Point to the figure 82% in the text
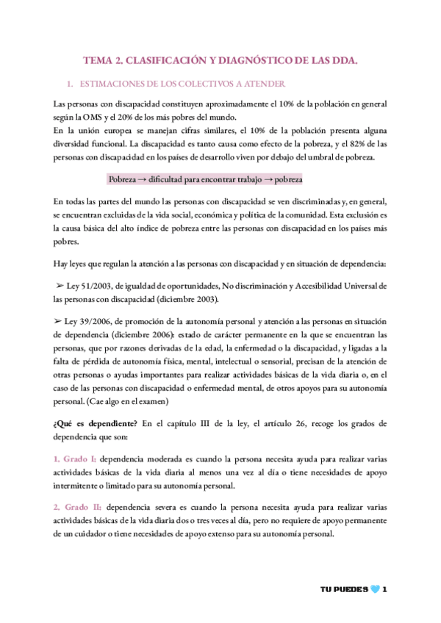click(355, 145)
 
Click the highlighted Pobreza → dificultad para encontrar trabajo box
click(205, 179)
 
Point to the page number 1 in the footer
click(384, 590)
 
